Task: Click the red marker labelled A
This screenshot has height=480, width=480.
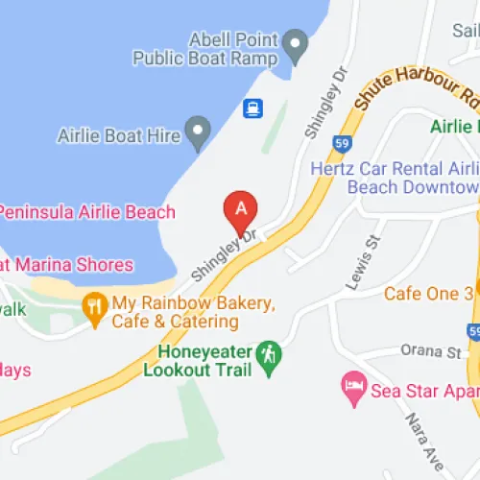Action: [x=240, y=207]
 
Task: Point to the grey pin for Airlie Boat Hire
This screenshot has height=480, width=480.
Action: [x=198, y=131]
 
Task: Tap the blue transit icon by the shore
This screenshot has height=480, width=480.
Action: [x=252, y=108]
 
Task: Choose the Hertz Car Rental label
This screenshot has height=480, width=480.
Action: [x=394, y=177]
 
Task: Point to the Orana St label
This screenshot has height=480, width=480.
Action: [x=441, y=353]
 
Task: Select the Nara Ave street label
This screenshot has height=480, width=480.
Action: [x=422, y=442]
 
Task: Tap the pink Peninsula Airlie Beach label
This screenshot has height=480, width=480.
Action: [x=87, y=212]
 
